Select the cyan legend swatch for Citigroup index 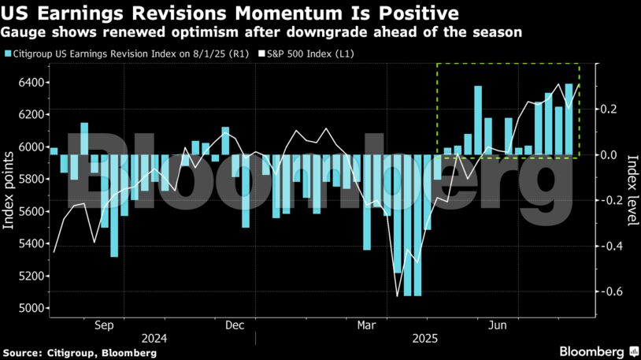pyautogui.click(x=7, y=54)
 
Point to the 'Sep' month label pyautogui.click(x=105, y=325)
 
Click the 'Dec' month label pyautogui.click(x=234, y=325)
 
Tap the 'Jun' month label pyautogui.click(x=497, y=325)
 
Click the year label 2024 pyautogui.click(x=154, y=339)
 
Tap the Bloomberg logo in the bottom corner pyautogui.click(x=598, y=351)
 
